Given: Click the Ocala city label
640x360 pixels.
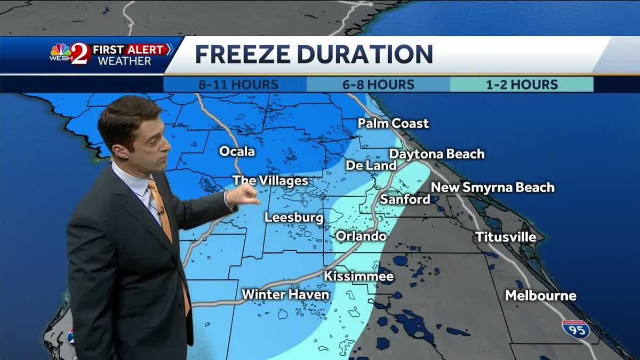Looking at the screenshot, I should coord(237,151).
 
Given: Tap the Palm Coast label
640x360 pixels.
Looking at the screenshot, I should coord(393,124).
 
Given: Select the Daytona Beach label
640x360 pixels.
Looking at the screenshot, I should coord(437,154).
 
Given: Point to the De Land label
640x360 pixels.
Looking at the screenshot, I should coord(371,165).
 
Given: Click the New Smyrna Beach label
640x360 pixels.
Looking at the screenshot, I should coord(492,187).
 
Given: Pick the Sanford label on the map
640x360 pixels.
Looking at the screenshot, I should coord(405,199).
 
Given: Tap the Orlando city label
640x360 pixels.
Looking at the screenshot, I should coord(361,236).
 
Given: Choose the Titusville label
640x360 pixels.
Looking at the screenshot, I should coord(505,237).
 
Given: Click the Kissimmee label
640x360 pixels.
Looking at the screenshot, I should coord(359,276).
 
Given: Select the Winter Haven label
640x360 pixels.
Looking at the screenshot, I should coord(285,294).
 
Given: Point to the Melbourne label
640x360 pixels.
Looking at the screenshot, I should coord(541,295).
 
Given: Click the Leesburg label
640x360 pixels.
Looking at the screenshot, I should coord(294,218).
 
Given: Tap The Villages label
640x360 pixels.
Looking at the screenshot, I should coord(270,181).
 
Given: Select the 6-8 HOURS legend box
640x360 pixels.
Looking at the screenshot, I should coord(379,84).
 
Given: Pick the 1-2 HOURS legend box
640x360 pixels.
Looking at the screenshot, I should coord(522,84).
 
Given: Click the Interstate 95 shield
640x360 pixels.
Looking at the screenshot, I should coord(576,329).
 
